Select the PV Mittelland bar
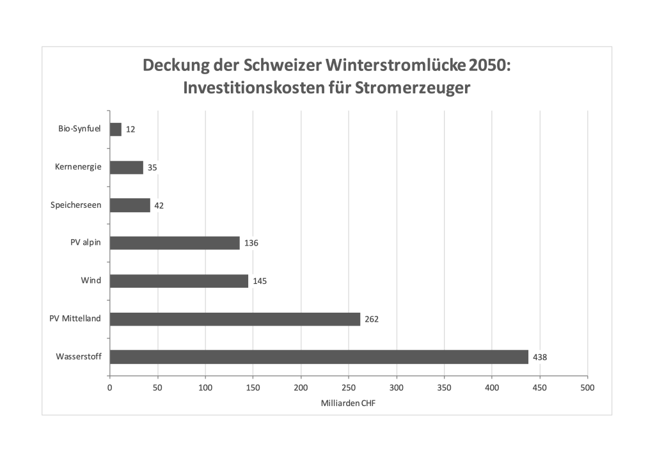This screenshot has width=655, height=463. (235, 318)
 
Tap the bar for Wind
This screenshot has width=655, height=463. (179, 281)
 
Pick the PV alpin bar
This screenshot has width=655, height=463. (175, 243)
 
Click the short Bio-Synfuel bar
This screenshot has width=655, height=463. (116, 129)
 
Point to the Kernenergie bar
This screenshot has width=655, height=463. (127, 167)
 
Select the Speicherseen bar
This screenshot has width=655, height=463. (130, 205)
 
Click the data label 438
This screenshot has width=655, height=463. (540, 357)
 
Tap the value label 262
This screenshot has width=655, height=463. (372, 318)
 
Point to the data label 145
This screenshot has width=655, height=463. (260, 281)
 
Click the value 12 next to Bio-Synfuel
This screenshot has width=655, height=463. (130, 129)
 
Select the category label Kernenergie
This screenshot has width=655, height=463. (78, 167)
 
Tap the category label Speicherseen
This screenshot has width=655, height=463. (76, 205)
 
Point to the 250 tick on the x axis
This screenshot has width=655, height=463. (349, 388)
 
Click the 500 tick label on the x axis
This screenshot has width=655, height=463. (587, 388)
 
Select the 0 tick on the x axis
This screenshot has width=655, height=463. (110, 388)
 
